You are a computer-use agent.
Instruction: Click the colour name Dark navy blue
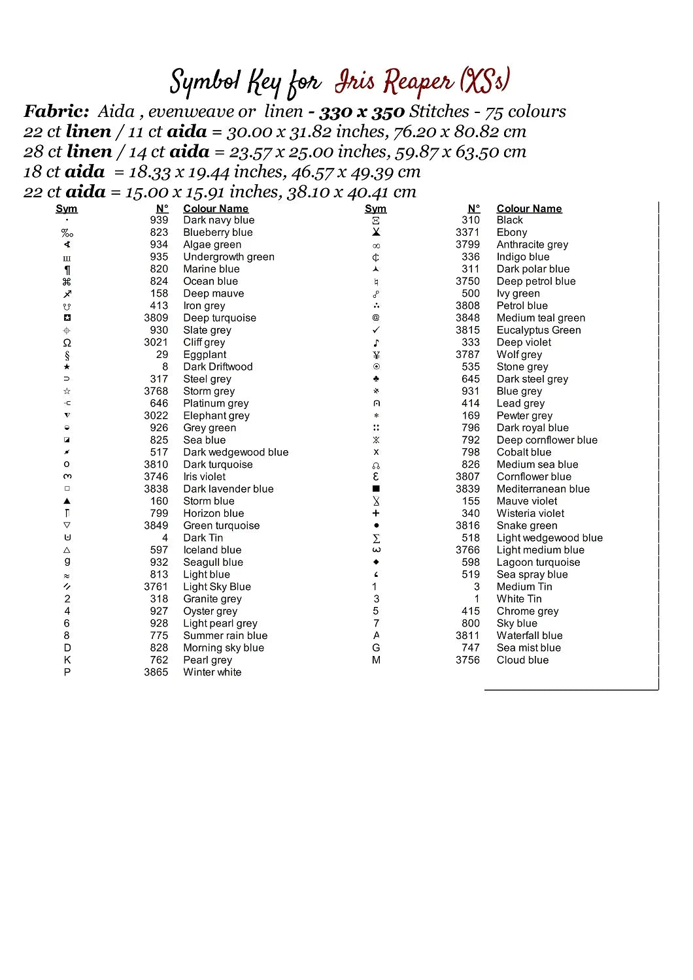coord(218,220)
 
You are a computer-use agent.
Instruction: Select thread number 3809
coord(156,318)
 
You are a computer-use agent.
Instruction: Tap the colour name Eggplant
coord(205,355)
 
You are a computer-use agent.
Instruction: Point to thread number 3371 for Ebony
coord(467,233)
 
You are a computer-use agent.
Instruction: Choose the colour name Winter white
coord(212,672)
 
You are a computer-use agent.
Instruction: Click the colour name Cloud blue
coord(522,660)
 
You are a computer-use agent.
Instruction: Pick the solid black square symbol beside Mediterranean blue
coord(376,489)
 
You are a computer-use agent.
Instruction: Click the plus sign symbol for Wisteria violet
coord(376,514)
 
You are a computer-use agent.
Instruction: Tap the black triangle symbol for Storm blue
coord(67,501)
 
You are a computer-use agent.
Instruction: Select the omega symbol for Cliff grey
coord(67,342)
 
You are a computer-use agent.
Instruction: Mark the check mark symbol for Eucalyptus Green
coord(376,330)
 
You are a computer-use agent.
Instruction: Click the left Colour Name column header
coord(216,208)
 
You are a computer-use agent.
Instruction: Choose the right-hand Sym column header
coord(375,208)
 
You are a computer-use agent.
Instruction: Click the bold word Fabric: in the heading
coord(56,112)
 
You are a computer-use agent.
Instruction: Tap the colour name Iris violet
coord(204,477)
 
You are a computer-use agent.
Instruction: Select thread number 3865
coord(156,672)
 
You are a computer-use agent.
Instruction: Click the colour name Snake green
coord(527,526)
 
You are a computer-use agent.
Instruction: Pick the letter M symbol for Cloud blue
coord(376,660)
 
